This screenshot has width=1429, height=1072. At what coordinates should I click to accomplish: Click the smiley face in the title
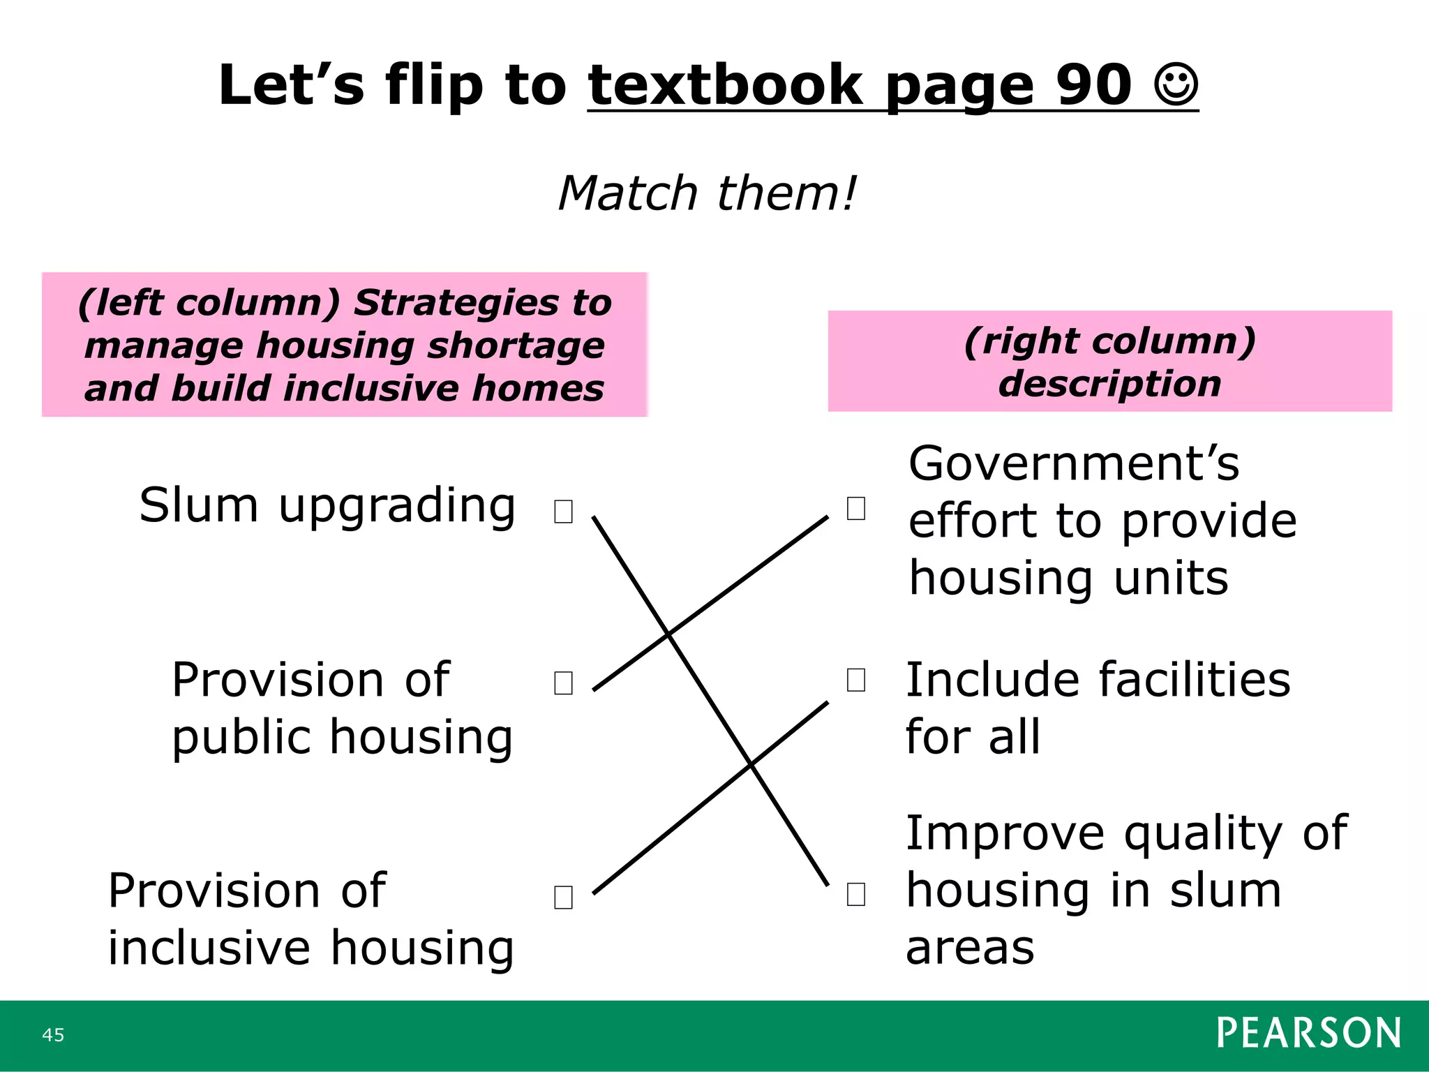[1176, 85]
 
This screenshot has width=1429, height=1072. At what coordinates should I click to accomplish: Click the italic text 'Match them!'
[707, 193]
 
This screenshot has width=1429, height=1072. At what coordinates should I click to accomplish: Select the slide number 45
[53, 1034]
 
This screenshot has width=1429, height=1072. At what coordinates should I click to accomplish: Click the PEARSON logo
[1308, 1033]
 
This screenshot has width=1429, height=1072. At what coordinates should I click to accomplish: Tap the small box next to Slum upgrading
[563, 511]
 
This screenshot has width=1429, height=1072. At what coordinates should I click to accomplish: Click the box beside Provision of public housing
[563, 683]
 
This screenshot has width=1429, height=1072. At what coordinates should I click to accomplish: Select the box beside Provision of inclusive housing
[563, 897]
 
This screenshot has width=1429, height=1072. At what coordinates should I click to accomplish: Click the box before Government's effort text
[856, 508]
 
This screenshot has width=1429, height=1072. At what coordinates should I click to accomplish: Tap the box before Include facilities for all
[856, 679]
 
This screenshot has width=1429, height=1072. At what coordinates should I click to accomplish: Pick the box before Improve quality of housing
[856, 893]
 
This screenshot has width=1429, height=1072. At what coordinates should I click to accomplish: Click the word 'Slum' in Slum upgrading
[198, 505]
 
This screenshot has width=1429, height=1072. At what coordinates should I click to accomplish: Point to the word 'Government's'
[1074, 463]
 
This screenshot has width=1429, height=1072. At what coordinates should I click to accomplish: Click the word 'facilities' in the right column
[1194, 680]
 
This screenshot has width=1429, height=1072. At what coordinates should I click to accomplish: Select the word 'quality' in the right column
[1203, 833]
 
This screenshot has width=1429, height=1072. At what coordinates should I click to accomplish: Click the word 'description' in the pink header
[1109, 384]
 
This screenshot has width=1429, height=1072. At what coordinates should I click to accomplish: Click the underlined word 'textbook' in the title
[726, 85]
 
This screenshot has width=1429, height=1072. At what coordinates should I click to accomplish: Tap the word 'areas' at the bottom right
[970, 948]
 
